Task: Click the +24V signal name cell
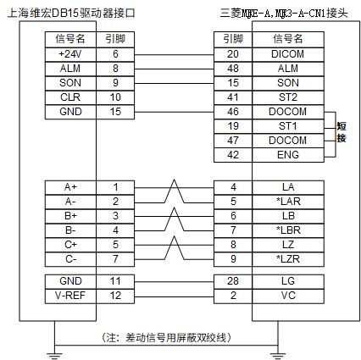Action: coord(70,54)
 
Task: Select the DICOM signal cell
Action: coord(288,54)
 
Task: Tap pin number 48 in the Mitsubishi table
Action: coord(233,69)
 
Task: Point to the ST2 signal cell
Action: coord(288,97)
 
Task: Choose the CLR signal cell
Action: coord(70,97)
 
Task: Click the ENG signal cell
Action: coord(288,155)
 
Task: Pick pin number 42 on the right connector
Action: coord(233,155)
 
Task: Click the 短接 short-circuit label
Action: coord(342,132)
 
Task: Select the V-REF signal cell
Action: coord(70,296)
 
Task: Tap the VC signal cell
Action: coord(288,296)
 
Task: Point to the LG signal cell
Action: coord(288,281)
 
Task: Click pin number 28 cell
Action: coord(233,281)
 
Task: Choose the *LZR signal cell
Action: coord(288,259)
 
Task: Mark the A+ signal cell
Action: coord(70,187)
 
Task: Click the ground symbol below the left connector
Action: coord(54,355)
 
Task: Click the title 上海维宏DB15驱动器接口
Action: coord(71,14)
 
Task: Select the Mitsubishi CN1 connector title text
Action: coord(284,14)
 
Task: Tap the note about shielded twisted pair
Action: coord(166,337)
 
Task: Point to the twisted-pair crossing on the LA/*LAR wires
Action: coord(175,191)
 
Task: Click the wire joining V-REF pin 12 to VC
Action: coord(174,296)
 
